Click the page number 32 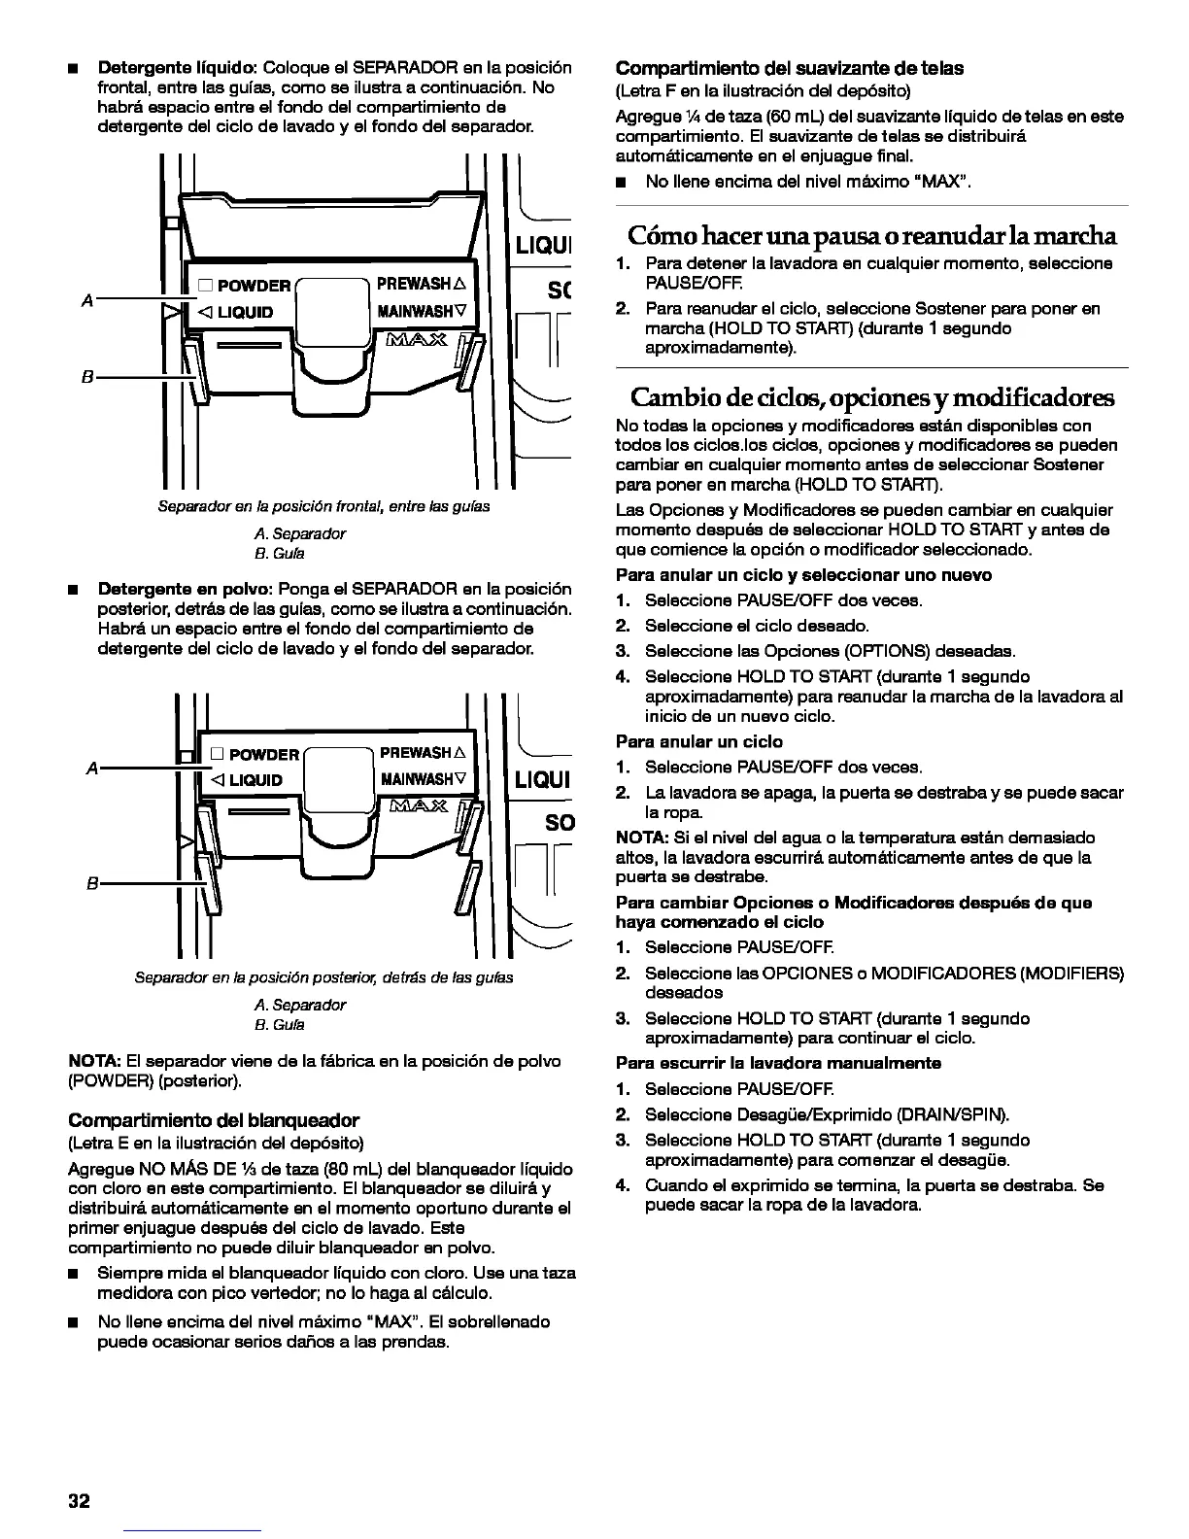[x=79, y=1500]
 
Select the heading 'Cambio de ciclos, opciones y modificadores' [x=871, y=397]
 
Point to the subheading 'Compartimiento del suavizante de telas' [x=790, y=68]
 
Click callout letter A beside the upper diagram [x=87, y=301]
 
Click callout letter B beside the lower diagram [x=92, y=883]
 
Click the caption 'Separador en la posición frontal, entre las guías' [x=323, y=506]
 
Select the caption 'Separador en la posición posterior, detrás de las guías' [x=323, y=976]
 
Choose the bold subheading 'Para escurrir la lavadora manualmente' [x=778, y=1063]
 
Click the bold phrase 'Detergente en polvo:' [x=186, y=590]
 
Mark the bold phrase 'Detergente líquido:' [x=177, y=68]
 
